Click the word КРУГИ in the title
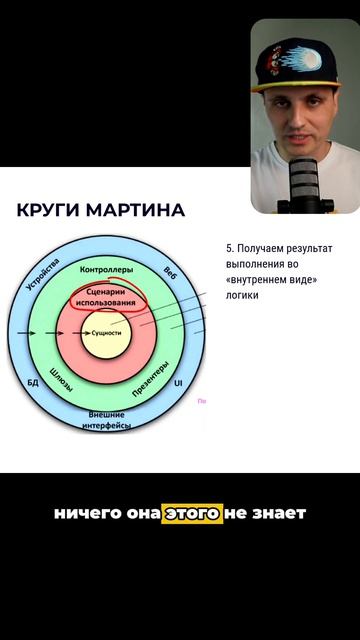(48, 211)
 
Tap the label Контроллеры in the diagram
(104, 271)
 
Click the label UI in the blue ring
(178, 382)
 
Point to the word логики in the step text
(244, 295)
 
